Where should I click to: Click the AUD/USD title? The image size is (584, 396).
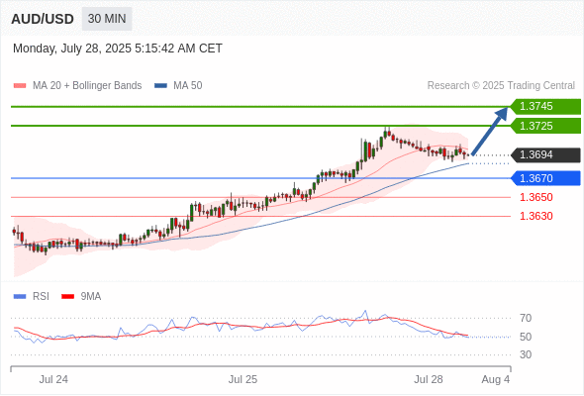[43, 19]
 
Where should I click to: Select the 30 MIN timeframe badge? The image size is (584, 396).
[107, 19]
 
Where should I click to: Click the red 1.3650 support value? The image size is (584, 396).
[535, 197]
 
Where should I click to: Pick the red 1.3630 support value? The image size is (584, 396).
[535, 216]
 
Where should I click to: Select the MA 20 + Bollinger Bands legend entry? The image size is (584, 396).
[77, 86]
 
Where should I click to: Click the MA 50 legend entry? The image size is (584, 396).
[178, 86]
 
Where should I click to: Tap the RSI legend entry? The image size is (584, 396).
[32, 297]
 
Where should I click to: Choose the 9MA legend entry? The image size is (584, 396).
[81, 297]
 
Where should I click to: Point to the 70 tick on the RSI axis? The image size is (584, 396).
[526, 318]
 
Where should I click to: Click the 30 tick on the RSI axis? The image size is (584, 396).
[526, 354]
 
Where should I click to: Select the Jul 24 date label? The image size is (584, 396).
[53, 379]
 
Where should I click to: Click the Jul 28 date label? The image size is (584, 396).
[429, 379]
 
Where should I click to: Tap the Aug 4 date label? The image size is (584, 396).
[495, 379]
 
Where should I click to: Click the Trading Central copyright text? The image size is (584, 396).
[501, 86]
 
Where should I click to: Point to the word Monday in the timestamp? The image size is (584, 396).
[34, 49]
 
